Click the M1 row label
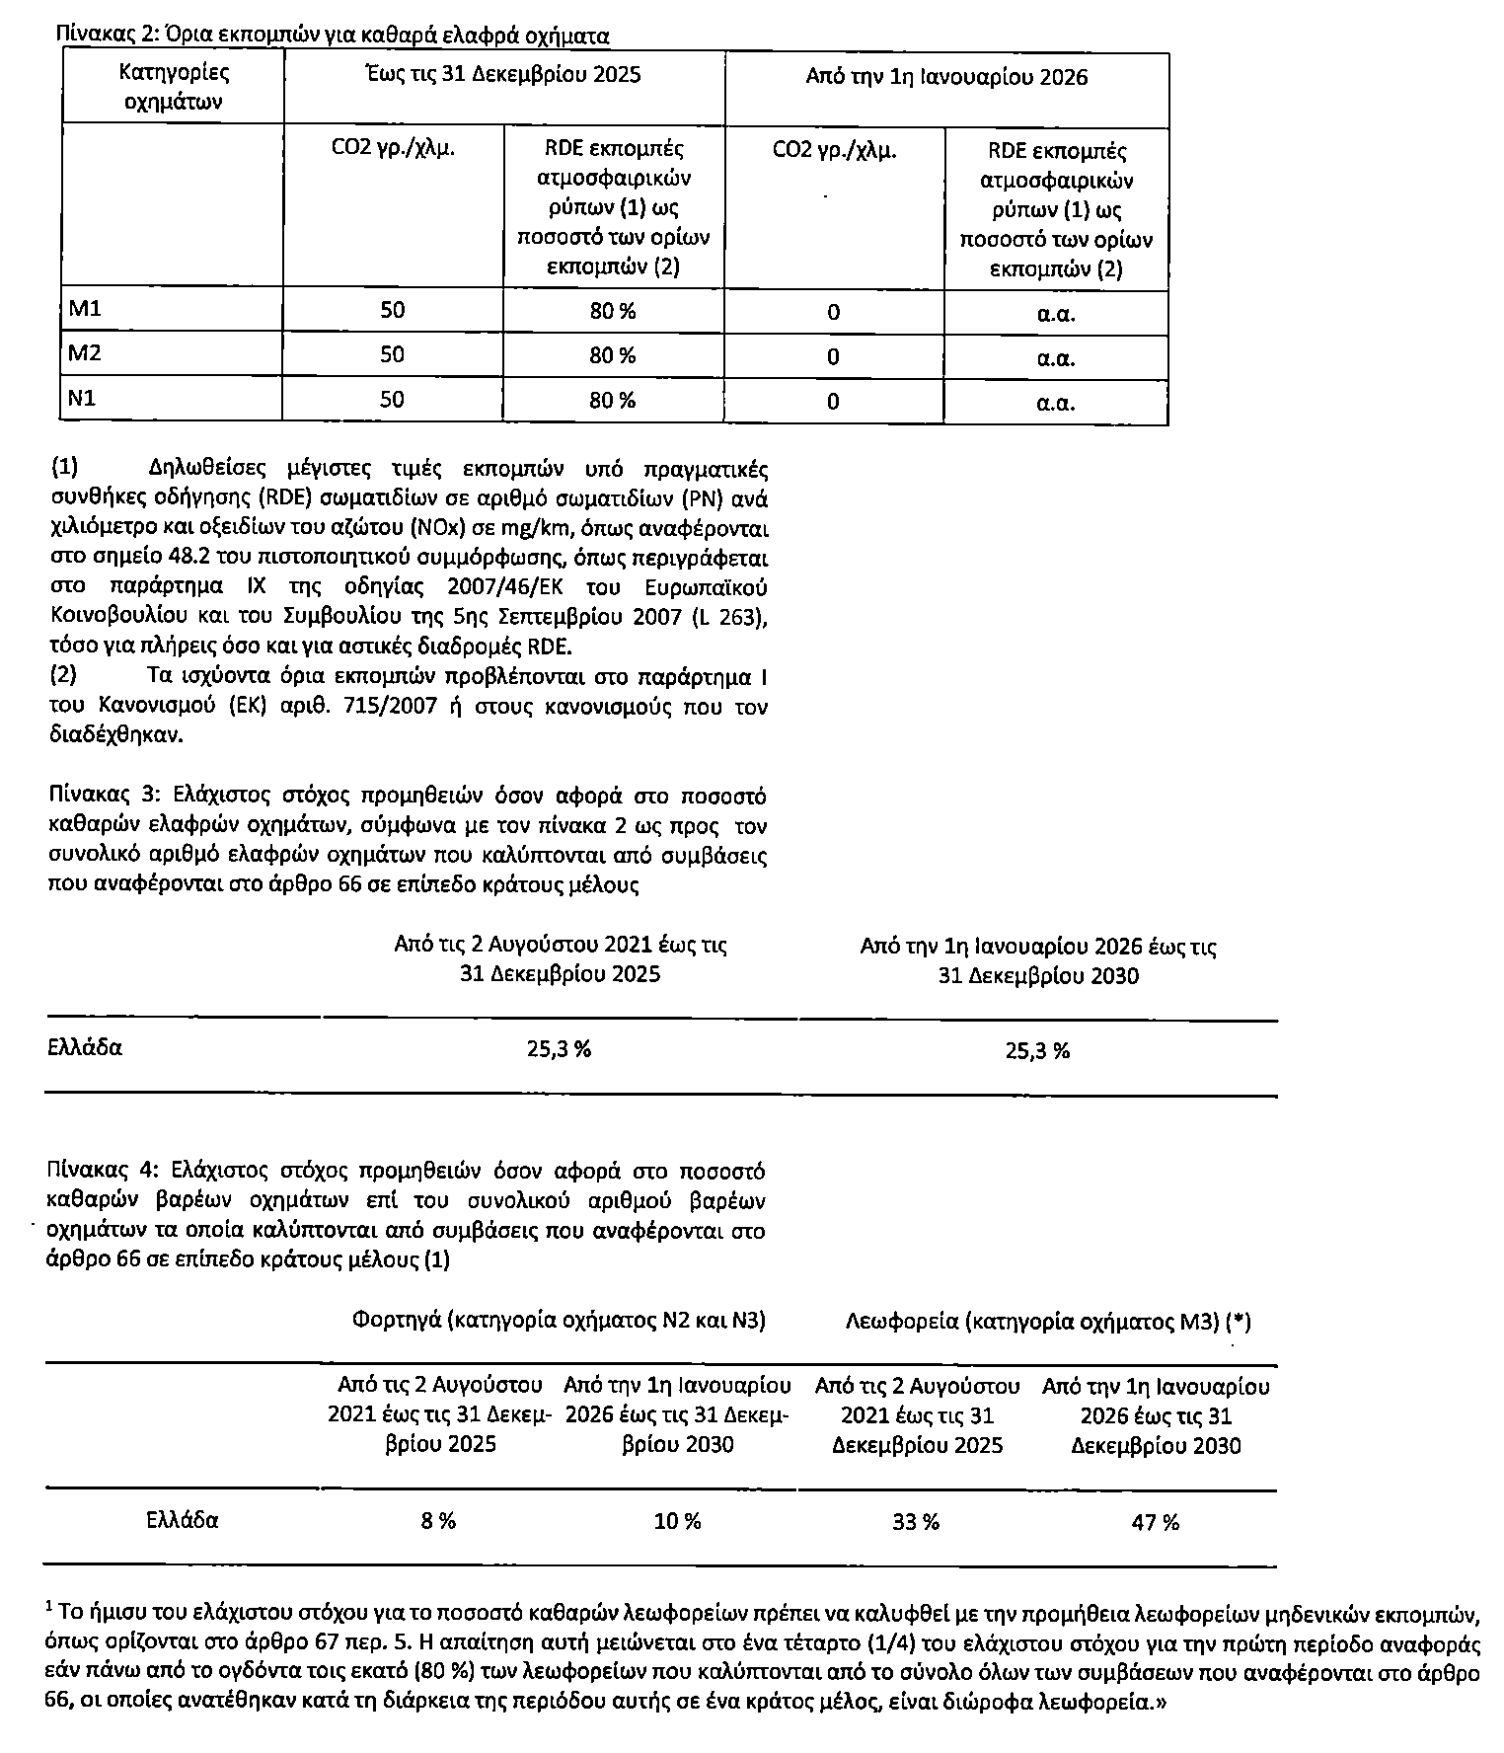[x=85, y=310]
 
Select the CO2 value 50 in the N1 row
[x=392, y=399]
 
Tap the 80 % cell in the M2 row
[x=613, y=355]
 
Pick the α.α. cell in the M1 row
[x=1055, y=314]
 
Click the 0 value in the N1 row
[x=833, y=401]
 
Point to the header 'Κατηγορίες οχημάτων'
[x=174, y=87]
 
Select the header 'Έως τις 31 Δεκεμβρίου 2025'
[x=503, y=75]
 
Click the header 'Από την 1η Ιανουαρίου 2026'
[x=946, y=77]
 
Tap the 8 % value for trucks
[x=438, y=1521]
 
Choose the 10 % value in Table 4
[x=677, y=1522]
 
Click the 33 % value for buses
[x=915, y=1522]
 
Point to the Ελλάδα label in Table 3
[x=85, y=1048]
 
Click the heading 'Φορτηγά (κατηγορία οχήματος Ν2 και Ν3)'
[x=559, y=1321]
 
